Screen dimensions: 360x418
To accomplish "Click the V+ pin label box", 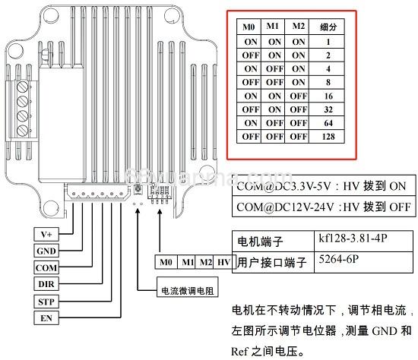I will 46,234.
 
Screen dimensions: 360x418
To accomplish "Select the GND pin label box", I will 46,251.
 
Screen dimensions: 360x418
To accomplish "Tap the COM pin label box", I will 46,267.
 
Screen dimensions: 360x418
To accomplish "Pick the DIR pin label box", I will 46,283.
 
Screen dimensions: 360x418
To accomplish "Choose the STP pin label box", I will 46,301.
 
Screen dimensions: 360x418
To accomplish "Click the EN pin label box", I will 46,317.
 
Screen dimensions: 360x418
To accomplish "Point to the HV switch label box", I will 223,263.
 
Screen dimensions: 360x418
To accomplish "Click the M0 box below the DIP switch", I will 167,263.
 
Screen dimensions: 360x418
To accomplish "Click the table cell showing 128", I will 328,137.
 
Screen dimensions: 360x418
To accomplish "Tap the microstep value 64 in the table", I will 328,123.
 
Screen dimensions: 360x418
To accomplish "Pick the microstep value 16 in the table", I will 328,96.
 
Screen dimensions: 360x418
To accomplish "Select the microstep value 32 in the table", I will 328,109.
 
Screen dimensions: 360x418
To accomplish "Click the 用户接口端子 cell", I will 271,263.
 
